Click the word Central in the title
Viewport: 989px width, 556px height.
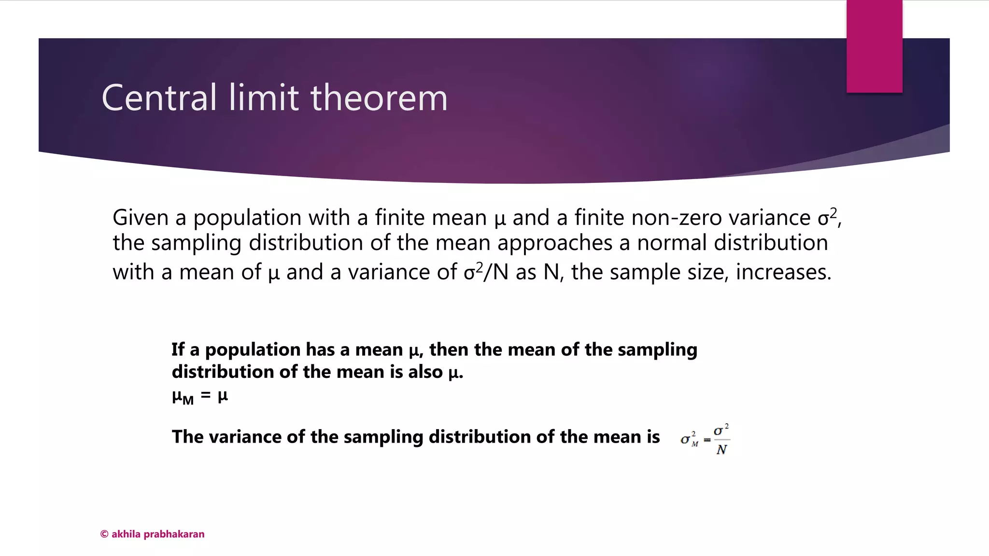point(159,98)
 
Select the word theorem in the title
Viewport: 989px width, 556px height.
point(379,98)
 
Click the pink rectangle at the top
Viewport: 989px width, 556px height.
point(874,46)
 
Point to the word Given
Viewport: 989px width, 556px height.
point(140,218)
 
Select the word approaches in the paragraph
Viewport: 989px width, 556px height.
point(555,243)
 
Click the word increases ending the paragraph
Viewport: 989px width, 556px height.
point(783,272)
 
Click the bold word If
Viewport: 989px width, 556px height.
point(178,349)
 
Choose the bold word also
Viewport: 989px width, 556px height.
point(424,372)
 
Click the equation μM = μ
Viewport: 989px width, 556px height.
point(199,397)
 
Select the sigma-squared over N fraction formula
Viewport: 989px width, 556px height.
point(705,439)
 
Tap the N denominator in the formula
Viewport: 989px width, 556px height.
point(721,450)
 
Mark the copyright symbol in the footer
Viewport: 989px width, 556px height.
point(104,534)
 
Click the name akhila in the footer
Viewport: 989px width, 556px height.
point(126,534)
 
